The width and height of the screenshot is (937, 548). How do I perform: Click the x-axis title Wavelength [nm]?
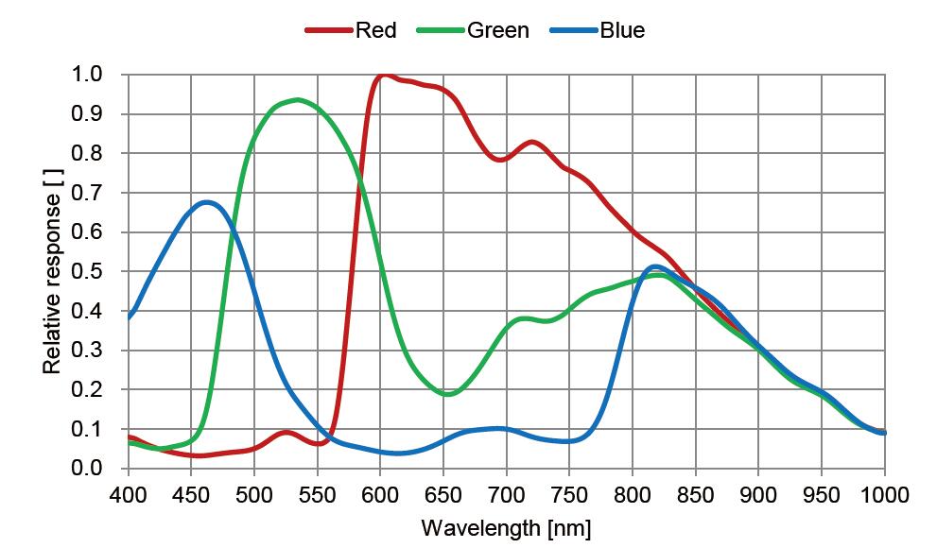coord(506,527)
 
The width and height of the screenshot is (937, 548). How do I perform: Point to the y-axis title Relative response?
coord(52,271)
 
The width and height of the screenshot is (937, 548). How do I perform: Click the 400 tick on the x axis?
coord(128,495)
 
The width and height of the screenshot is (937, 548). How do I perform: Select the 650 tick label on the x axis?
coord(443,495)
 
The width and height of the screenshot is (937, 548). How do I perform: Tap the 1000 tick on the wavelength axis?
coord(885,495)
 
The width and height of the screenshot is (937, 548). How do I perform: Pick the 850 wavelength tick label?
coord(696,495)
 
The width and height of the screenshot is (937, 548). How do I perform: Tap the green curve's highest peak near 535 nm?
coord(298,99)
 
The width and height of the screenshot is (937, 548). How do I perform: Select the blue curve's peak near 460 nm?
coord(205,201)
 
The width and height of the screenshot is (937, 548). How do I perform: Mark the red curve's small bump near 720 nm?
coord(532,142)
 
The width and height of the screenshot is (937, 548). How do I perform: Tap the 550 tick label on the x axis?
coord(317,495)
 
